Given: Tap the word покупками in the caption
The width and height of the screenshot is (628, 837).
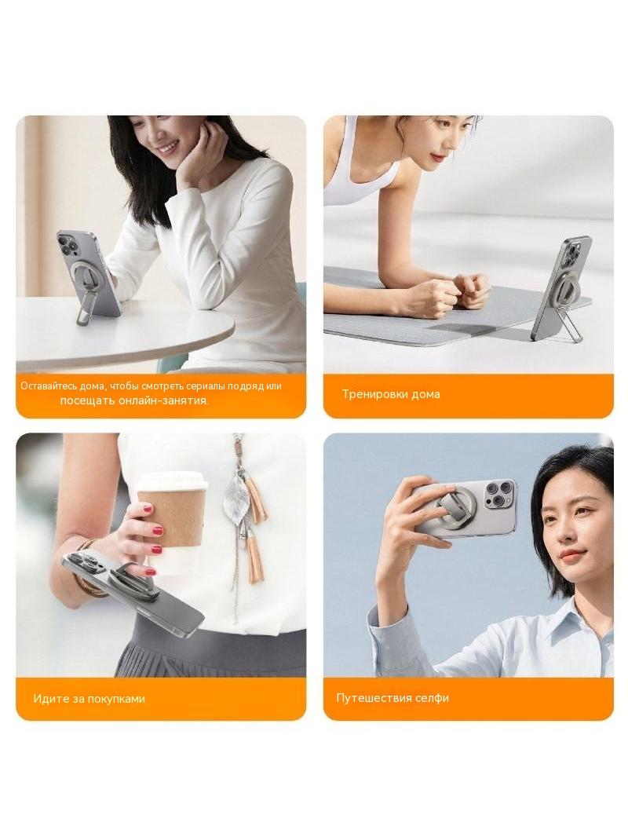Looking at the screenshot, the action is point(116,699).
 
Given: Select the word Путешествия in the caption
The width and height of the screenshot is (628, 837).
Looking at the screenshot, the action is point(369,698).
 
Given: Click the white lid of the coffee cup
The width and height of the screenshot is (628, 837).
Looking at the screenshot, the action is point(173,481).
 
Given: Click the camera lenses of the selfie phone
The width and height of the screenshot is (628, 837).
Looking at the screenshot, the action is point(500,495).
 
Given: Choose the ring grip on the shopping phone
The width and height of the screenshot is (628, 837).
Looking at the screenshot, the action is point(131,579).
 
